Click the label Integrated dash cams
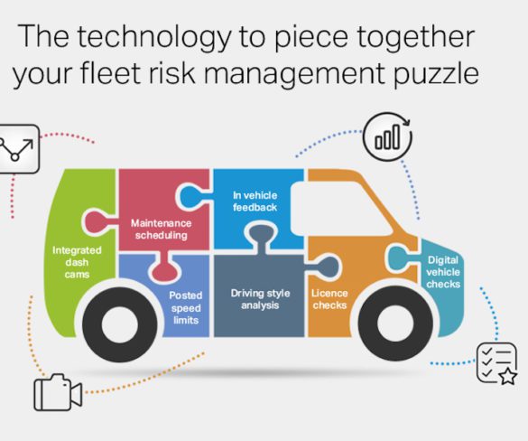[x=77, y=262]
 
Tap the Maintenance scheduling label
[x=161, y=230]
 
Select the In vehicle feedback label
[x=255, y=202]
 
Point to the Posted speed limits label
[x=186, y=308]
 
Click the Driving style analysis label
[x=260, y=299]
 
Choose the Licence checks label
[x=329, y=299]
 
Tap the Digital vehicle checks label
[x=443, y=272]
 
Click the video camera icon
[x=58, y=392]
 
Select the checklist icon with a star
[x=496, y=364]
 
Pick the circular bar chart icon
[x=387, y=136]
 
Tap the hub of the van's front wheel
[x=395, y=324]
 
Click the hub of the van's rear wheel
[x=119, y=324]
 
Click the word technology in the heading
[x=154, y=37]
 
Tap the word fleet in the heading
[x=110, y=72]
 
